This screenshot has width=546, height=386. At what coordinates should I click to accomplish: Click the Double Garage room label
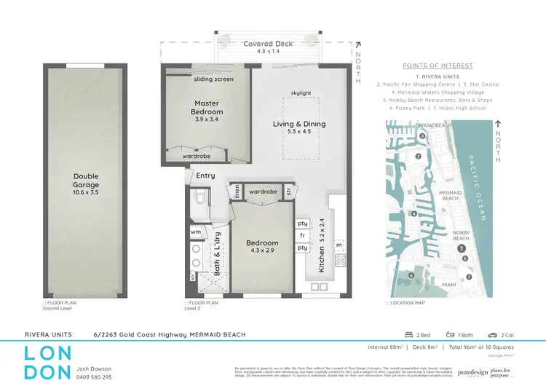[86, 176]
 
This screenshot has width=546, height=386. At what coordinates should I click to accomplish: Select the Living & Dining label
[299, 124]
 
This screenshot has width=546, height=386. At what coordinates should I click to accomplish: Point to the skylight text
[300, 93]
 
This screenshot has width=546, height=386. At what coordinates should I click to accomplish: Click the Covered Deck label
[268, 44]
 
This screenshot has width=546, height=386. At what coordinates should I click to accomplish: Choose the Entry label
[206, 176]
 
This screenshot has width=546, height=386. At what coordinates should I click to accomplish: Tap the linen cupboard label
[237, 192]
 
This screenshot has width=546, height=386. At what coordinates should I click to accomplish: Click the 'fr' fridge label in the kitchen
[301, 235]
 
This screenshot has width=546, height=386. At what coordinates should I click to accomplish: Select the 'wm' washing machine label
[196, 232]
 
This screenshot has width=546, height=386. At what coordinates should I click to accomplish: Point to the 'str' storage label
[288, 192]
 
